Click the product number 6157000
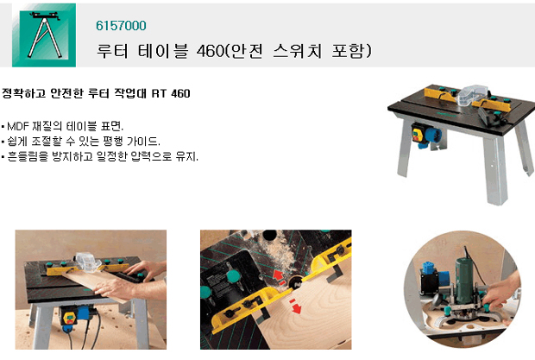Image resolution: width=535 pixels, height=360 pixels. click(121, 26)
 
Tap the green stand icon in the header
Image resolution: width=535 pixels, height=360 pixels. click(44, 35)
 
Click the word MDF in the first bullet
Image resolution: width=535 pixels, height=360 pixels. click(18, 126)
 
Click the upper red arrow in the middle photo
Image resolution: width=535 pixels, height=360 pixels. click(279, 275)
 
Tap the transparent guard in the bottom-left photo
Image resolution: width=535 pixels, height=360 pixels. click(86, 262)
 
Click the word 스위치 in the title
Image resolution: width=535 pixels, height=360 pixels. click(297, 51)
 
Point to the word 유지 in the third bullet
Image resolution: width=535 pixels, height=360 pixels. click(186, 156)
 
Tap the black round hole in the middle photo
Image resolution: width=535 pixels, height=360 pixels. click(269, 235)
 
